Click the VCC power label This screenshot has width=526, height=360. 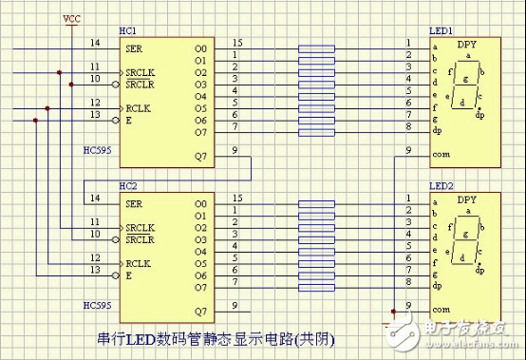pyautogui.click(x=72, y=18)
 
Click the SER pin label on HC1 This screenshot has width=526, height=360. pyautogui.click(x=136, y=45)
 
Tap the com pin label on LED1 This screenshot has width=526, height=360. pyautogui.click(x=440, y=156)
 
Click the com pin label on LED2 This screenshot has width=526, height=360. pyautogui.click(x=440, y=310)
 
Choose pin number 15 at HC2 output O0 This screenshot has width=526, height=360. pyautogui.click(x=236, y=198)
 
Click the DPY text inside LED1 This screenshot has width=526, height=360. pyautogui.click(x=467, y=44)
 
